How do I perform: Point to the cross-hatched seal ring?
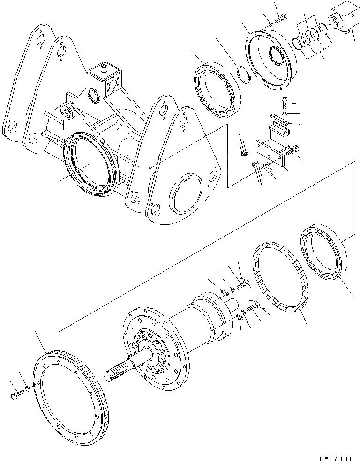(277, 277)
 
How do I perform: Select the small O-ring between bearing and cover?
(243, 74)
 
